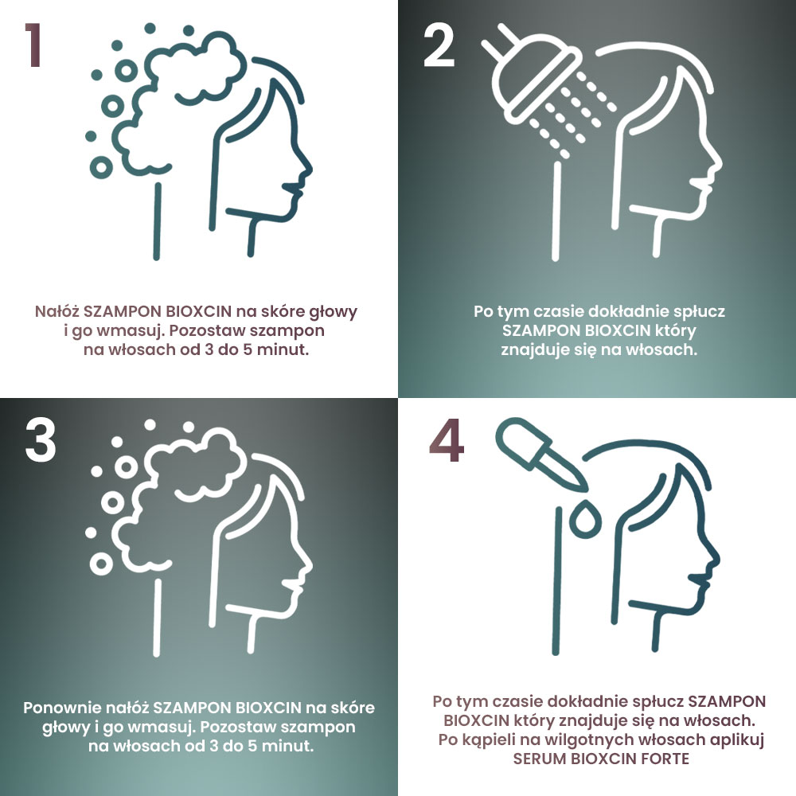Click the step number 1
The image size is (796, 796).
tap(33, 45)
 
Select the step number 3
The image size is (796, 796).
tap(40, 441)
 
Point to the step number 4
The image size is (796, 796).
tap(447, 441)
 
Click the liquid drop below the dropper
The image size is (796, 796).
tap(585, 518)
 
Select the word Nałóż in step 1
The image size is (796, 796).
tap(57, 311)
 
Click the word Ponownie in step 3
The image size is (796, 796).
tap(61, 708)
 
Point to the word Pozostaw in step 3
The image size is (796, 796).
tap(237, 727)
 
